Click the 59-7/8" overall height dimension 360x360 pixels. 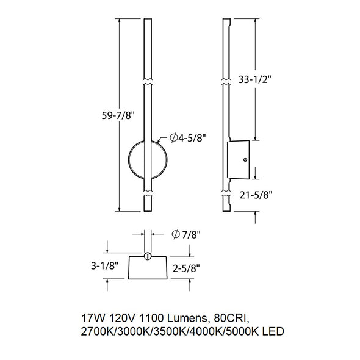[118, 115]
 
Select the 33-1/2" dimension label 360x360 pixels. [255, 80]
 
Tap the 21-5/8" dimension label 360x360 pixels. [256, 195]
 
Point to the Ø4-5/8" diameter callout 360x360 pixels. [187, 138]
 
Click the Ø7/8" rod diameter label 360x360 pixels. [186, 234]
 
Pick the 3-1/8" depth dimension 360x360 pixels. [105, 266]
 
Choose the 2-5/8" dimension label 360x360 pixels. [186, 268]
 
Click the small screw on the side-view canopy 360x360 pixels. [245, 160]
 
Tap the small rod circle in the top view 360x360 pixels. [148, 256]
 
